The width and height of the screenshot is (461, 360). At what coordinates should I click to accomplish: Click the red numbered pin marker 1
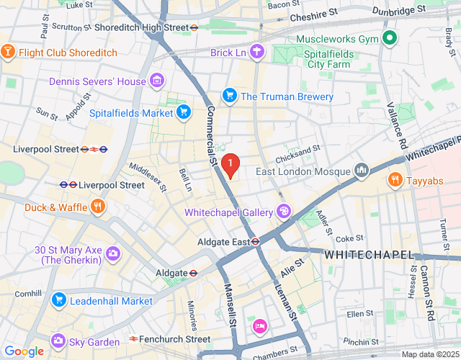[x=230, y=166]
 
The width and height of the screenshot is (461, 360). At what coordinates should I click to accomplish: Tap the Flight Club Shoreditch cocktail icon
[x=8, y=53]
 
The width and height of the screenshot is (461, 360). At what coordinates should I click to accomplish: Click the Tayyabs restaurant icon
[x=394, y=179]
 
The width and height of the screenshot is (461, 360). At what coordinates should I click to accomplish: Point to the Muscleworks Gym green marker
[x=389, y=38]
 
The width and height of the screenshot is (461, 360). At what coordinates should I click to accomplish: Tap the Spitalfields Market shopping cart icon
[x=184, y=112]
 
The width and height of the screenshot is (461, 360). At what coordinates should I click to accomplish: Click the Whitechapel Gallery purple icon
[x=284, y=212]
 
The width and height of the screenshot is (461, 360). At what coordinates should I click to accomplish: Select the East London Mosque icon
[x=362, y=171]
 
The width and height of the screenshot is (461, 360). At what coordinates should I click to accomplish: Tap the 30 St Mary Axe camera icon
[x=113, y=253]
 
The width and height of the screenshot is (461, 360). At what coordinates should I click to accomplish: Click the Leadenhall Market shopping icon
[x=59, y=300]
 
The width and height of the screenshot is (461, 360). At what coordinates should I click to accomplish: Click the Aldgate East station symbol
[x=256, y=242]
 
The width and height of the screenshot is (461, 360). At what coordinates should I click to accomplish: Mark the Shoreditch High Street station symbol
[x=194, y=27]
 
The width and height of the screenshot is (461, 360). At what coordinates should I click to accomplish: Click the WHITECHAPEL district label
[x=369, y=256]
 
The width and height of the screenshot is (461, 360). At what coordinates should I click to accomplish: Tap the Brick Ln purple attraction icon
[x=258, y=53]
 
